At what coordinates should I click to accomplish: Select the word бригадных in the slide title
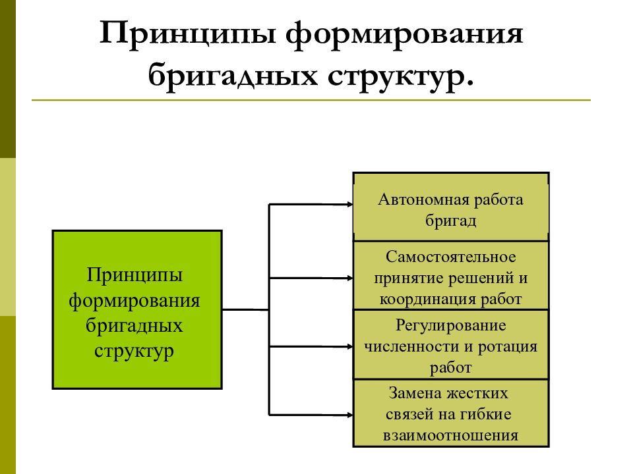click(233, 75)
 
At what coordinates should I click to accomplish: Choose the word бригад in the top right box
click(450, 221)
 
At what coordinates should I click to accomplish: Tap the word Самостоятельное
click(450, 257)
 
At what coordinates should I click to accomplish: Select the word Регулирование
click(450, 325)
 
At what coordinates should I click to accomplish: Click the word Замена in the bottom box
click(413, 393)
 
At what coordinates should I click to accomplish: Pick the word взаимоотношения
click(450, 436)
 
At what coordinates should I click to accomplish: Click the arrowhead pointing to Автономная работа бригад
click(349, 205)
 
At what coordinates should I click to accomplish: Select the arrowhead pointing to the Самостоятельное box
click(349, 278)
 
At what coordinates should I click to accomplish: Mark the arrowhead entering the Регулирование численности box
click(349, 347)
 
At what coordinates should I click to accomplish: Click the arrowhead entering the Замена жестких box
click(349, 415)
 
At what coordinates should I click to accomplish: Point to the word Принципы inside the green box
click(135, 276)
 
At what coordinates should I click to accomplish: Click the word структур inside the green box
click(134, 352)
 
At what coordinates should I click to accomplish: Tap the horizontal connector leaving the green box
click(246, 309)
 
